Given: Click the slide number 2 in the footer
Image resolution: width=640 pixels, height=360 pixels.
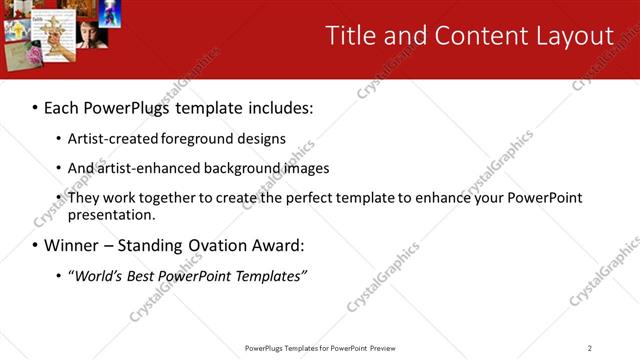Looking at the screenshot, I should pos(590,348).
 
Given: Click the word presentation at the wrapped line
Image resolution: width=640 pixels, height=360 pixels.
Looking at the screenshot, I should pos(111,214).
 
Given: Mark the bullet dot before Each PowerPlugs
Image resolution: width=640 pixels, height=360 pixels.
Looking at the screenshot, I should pos(34,107).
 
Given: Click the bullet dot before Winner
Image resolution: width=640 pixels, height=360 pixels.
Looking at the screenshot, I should pos(34,245).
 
